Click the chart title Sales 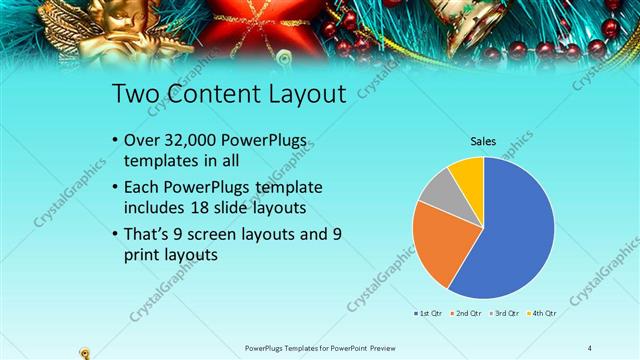[x=484, y=141]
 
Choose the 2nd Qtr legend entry [x=468, y=313]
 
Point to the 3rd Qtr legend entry [x=504, y=313]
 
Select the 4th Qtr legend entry [x=540, y=313]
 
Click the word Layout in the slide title [x=299, y=95]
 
